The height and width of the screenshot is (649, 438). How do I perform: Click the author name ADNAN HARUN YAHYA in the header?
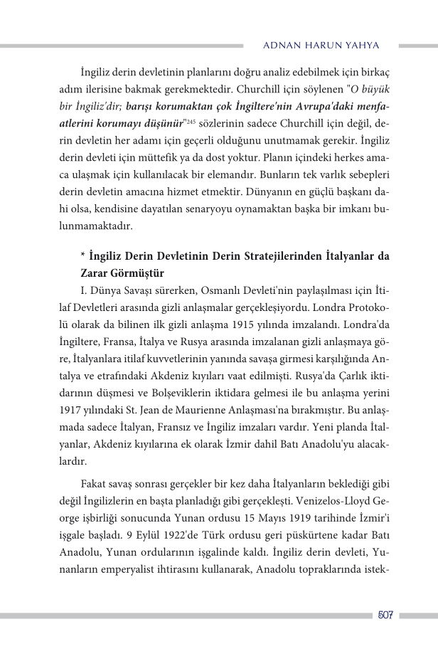pos(321,45)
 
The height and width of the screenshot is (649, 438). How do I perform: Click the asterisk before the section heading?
pos(83,255)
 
